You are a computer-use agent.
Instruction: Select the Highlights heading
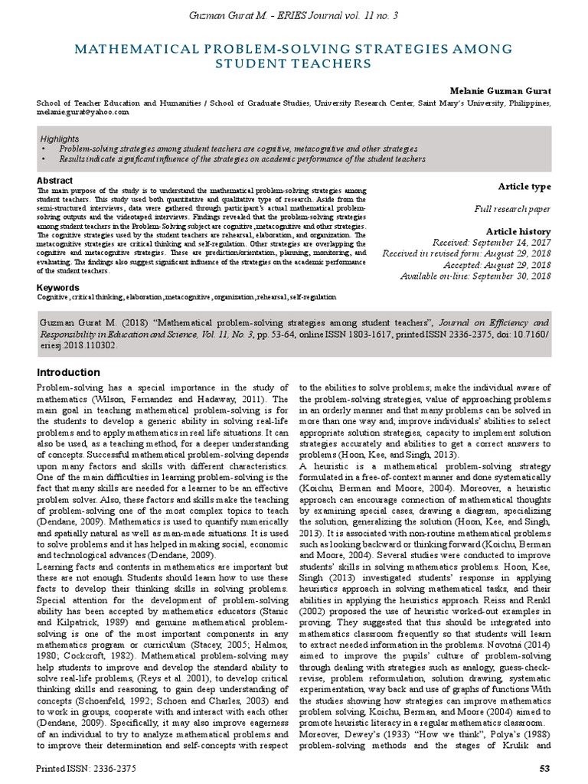click(x=59, y=139)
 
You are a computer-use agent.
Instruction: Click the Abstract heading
click(x=55, y=181)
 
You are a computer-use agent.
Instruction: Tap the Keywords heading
click(x=58, y=287)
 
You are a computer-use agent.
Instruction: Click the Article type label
click(x=524, y=187)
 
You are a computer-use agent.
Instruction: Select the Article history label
click(x=518, y=231)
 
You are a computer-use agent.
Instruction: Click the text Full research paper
click(x=512, y=208)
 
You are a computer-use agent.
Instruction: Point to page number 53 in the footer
click(x=544, y=767)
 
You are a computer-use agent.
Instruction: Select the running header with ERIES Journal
click(x=293, y=16)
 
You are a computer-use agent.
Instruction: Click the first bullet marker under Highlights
click(x=42, y=149)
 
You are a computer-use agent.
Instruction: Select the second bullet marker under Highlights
click(x=42, y=159)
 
